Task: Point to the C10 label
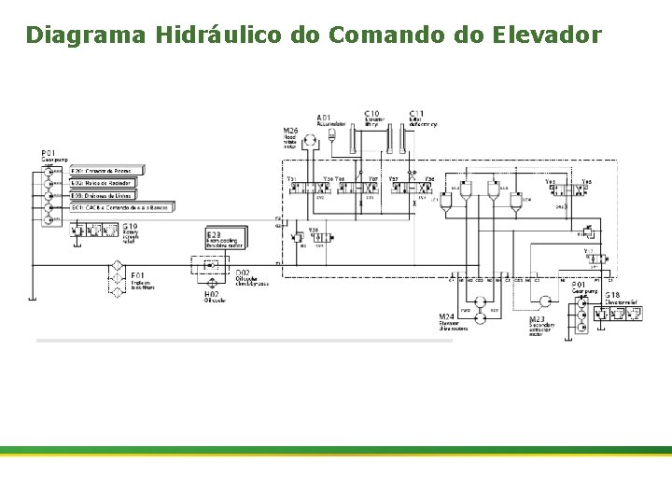coord(371,113)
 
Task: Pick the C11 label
coord(416,113)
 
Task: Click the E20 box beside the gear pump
coord(106,171)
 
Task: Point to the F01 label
coord(138,275)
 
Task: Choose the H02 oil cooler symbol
coord(212,281)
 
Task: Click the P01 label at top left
coord(49,152)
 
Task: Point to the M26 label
coord(290,130)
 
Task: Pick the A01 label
coord(323,117)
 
